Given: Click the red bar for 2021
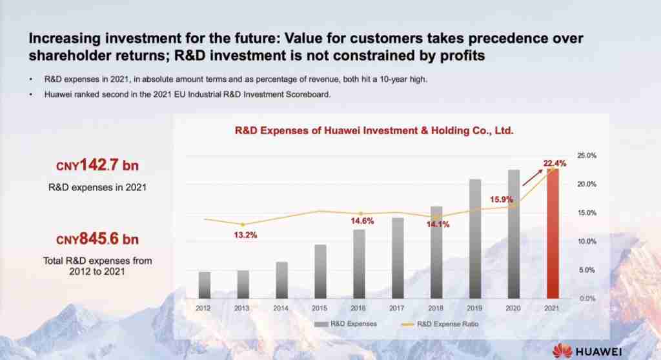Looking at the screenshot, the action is coord(553,234).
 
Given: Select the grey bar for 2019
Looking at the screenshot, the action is coord(475,239).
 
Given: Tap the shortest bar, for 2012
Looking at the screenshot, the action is coord(205,285).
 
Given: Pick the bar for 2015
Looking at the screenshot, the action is coord(320,272).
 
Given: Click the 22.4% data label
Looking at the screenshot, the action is coord(554,163).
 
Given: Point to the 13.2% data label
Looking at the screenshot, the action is coord(245,235).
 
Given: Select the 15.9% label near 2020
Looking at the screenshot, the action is coord(501,199).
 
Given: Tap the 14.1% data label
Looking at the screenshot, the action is coord(438,225).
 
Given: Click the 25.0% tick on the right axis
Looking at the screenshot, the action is coord(587,155).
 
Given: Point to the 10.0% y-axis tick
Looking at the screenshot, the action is coord(587,241).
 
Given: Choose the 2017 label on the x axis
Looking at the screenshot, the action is coord(397,308).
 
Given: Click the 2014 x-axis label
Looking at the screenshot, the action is coord(281,308).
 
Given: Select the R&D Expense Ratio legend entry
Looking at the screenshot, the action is coord(440,324).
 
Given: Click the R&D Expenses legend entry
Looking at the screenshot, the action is coord(345,324).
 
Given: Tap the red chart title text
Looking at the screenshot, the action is coord(374,131).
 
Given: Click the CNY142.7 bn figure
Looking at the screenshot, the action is coord(97,165).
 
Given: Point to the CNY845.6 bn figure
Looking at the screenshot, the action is coord(97,239).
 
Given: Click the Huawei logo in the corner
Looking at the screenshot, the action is coord(587,351).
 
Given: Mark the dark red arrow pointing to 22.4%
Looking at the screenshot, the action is coord(533,177).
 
